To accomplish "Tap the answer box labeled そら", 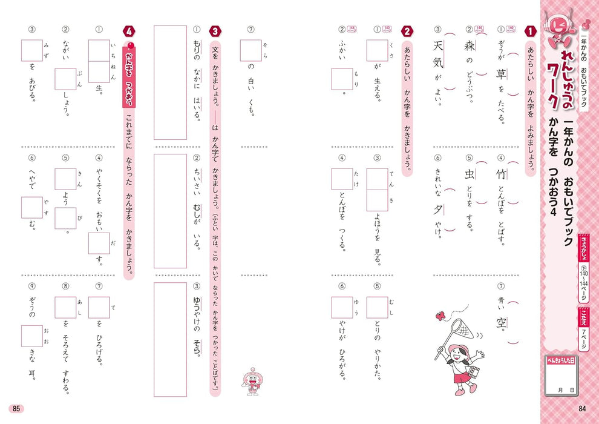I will coord(250,51).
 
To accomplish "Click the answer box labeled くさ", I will coord(377,51).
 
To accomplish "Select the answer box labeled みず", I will coord(32,51).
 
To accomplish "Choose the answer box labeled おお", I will coord(32,336).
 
